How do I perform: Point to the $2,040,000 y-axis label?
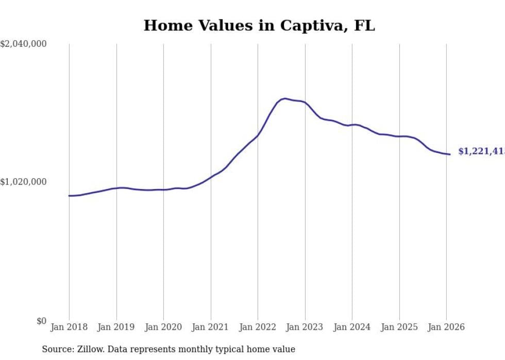24,44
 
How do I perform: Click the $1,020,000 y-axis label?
24,182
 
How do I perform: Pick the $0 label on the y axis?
41,321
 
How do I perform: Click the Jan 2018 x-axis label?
69,327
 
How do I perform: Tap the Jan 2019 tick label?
116,327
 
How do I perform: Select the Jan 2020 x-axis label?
163,327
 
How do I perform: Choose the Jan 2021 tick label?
211,327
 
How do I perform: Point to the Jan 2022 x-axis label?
258,327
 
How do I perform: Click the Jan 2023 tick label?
305,327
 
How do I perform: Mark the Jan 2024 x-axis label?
352,327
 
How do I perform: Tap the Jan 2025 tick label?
399,327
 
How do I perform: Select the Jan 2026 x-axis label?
446,327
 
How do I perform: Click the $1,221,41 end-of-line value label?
481,151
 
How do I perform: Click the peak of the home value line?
284,98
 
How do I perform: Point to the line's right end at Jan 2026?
450,155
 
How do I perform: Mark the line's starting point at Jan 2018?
69,196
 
